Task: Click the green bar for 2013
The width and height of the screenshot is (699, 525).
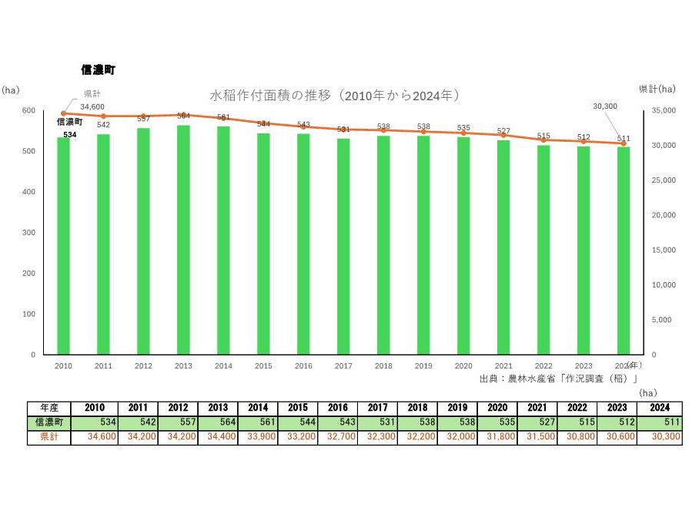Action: (184, 240)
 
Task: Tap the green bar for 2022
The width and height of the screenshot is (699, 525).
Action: (543, 250)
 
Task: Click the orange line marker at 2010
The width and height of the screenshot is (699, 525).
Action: (63, 113)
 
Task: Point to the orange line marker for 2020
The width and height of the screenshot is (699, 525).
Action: (463, 133)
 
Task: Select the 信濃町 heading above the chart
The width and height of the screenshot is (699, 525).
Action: (98, 69)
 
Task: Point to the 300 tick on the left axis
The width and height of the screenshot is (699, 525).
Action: (28, 232)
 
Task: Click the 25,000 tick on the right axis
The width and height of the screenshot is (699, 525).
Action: (663, 180)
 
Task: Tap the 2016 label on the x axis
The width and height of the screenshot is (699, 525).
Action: (303, 365)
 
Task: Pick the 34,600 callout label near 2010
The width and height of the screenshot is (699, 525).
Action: (92, 106)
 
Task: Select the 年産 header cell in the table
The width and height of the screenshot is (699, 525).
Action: (49, 408)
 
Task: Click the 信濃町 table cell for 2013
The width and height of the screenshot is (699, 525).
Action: (218, 422)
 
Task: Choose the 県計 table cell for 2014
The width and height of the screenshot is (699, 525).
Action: (258, 436)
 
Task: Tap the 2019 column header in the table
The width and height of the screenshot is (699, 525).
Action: (457, 408)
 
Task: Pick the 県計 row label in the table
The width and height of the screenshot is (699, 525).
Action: (49, 436)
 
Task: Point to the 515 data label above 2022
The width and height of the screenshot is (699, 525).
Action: (543, 136)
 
